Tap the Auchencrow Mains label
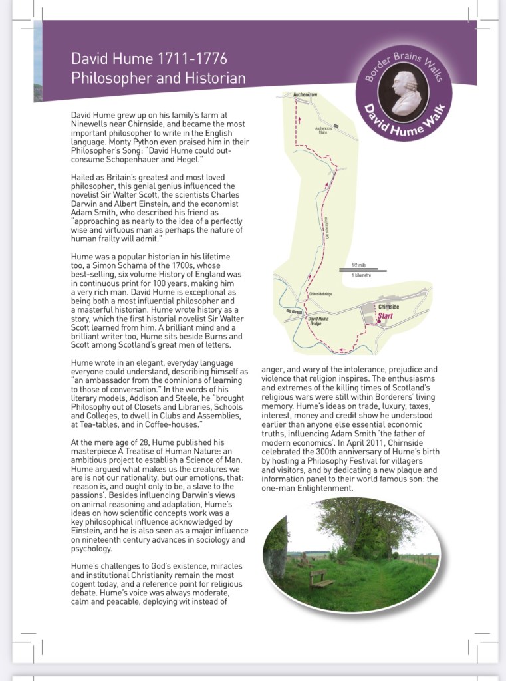tap(323, 130)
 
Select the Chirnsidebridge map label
tap(320, 293)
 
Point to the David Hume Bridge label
tap(318, 321)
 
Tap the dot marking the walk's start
tap(377, 321)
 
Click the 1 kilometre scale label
tap(362, 274)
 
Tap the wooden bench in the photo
tap(322, 578)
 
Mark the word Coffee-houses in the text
tap(176, 423)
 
